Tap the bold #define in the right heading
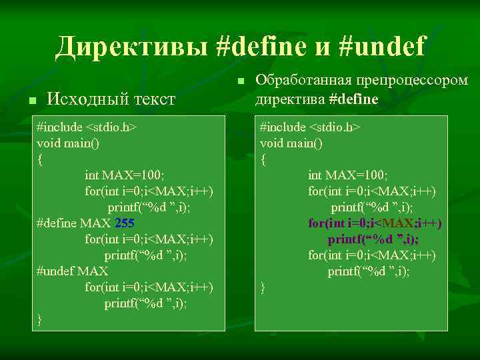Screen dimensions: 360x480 pyautogui.click(x=353, y=99)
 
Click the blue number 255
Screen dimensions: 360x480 pyautogui.click(x=125, y=223)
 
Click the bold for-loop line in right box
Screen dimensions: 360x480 pyautogui.click(x=375, y=223)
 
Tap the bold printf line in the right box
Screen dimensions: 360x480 pyautogui.click(x=373, y=239)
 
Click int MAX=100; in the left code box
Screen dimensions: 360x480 pyautogui.click(x=124, y=175)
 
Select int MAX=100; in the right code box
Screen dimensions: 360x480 pyautogui.click(x=347, y=175)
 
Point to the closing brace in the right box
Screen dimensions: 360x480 pyautogui.click(x=263, y=287)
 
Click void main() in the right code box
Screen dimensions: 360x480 pyautogui.click(x=291, y=143)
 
